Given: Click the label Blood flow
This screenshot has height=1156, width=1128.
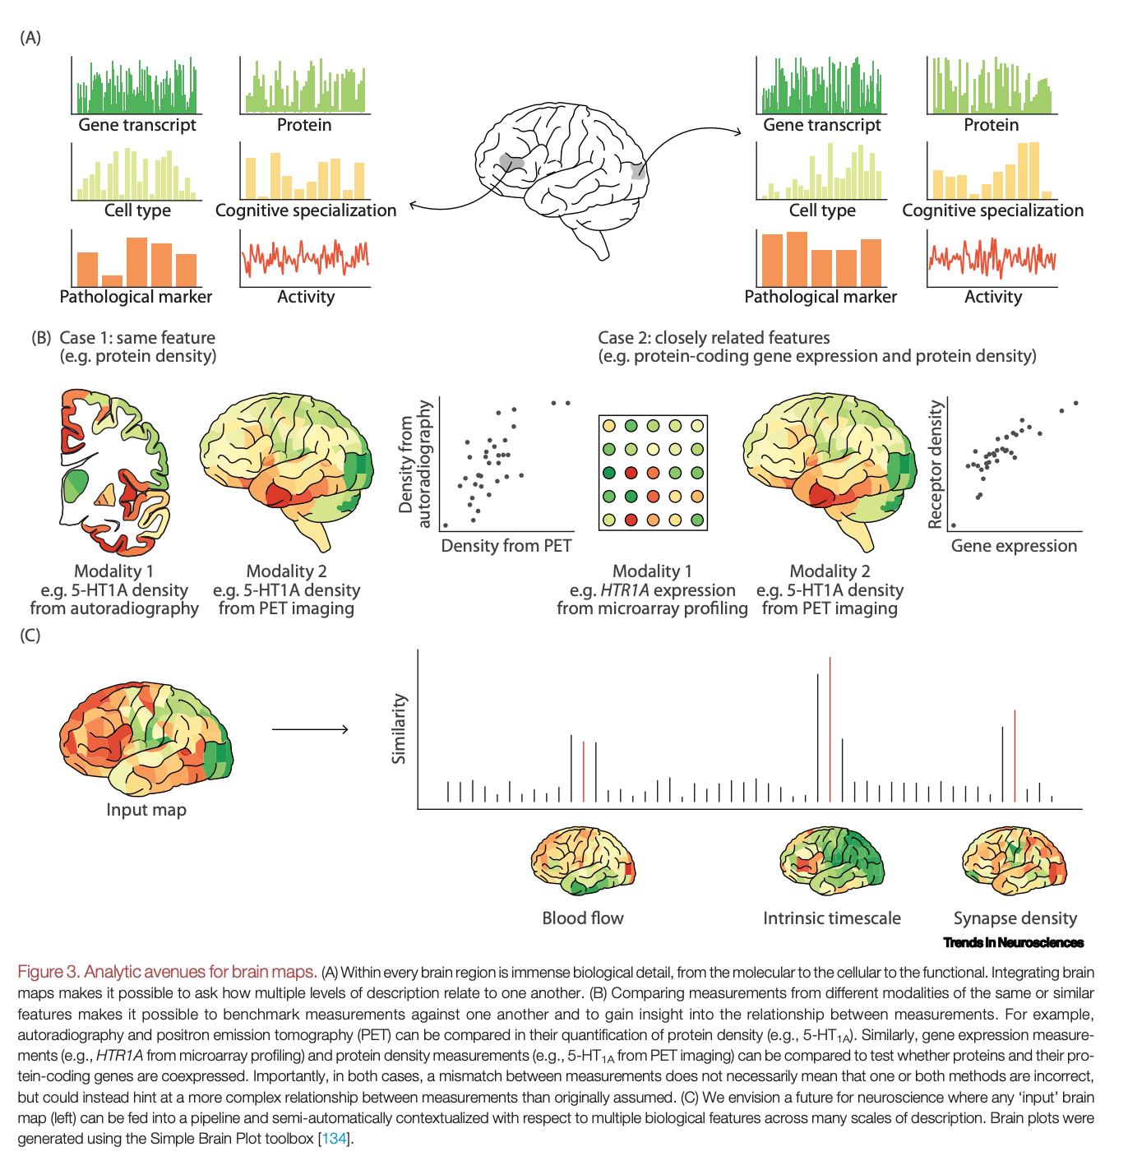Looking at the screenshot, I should (583, 918).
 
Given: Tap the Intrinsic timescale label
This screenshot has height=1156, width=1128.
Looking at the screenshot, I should (831, 918).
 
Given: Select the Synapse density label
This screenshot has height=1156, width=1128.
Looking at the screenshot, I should (1015, 918).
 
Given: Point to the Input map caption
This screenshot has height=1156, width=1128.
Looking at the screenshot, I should (146, 810).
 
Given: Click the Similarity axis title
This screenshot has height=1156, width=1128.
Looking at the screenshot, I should (400, 728).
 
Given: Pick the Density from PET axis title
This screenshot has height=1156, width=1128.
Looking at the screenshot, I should (506, 546).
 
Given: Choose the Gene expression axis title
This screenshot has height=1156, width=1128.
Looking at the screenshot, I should (1014, 546).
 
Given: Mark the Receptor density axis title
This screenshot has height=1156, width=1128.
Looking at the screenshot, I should (935, 464).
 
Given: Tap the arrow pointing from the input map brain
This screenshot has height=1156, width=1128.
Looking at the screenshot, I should (310, 729).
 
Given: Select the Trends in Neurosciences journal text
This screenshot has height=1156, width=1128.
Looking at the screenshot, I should (1013, 942).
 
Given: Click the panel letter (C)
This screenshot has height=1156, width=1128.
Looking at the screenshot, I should (30, 636).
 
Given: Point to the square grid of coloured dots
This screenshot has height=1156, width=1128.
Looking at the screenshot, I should (653, 473).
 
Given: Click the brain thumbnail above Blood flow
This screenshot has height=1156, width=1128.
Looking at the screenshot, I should (583, 862).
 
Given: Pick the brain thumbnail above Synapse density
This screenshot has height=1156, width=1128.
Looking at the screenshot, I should (1014, 862).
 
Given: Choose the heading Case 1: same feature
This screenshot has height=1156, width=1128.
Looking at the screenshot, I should (137, 338).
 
